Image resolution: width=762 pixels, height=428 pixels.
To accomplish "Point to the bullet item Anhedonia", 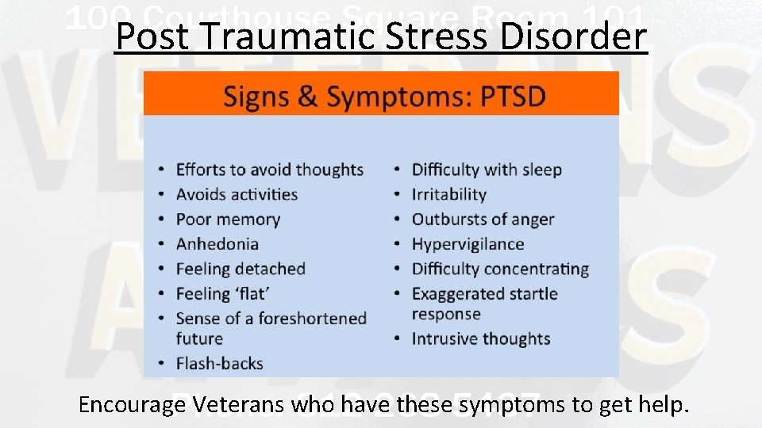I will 217,244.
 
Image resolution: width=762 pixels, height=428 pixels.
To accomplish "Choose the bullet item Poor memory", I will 228,220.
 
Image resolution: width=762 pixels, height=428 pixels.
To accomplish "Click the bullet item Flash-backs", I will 219,364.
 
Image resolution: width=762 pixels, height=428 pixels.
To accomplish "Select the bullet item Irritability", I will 448,194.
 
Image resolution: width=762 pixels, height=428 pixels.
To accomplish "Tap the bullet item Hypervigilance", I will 468,244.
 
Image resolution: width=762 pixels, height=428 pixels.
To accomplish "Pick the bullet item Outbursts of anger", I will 483,220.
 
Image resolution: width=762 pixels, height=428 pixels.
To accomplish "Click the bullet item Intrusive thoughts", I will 480,339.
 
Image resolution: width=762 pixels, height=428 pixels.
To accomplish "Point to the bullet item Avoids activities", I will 237,194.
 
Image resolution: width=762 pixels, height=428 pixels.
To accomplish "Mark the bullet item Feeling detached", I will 241,269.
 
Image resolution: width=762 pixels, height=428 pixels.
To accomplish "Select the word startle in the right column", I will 531,294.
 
